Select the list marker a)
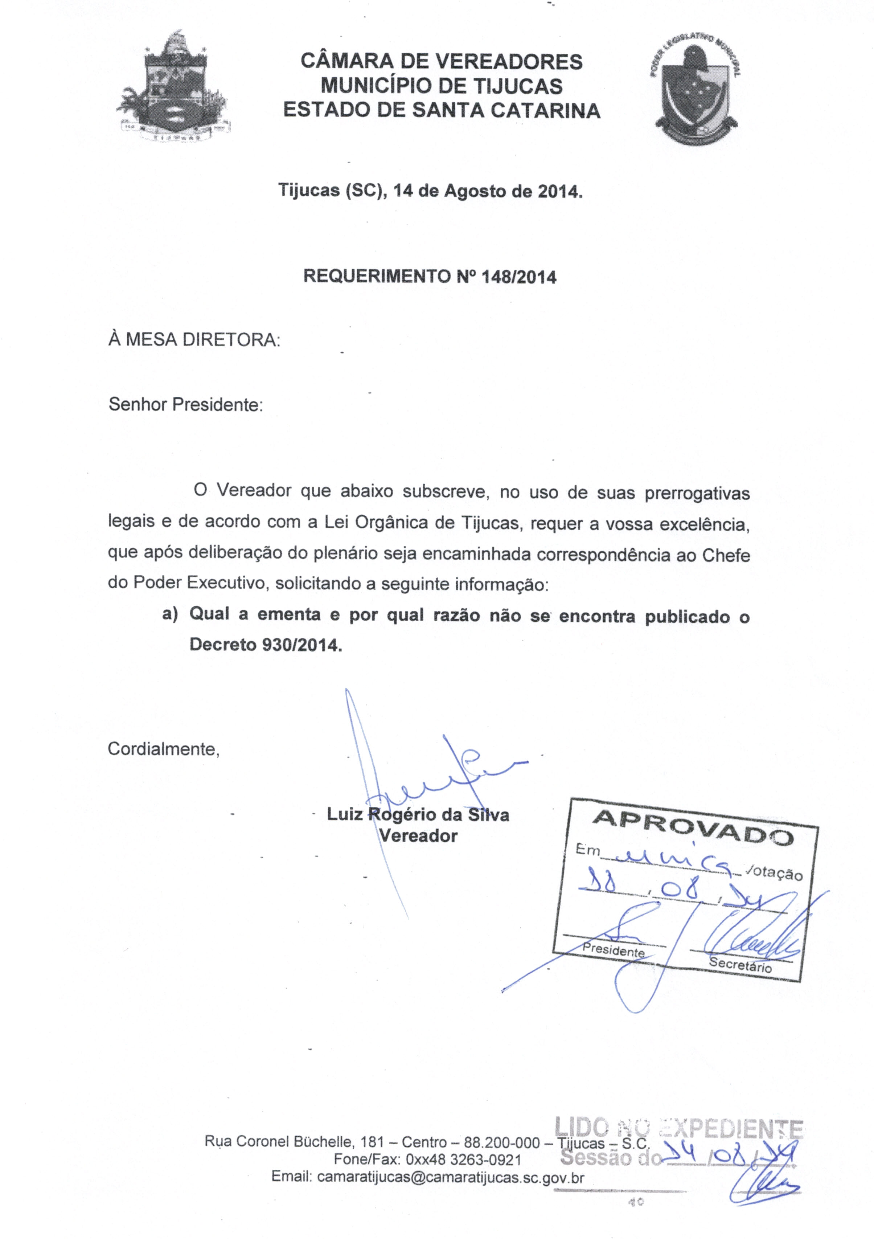click(x=170, y=614)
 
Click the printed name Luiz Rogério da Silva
click(x=418, y=814)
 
